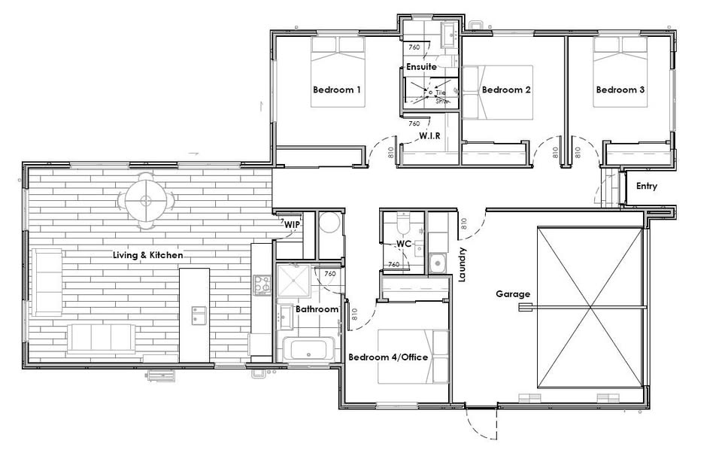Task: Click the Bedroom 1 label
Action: click(x=337, y=90)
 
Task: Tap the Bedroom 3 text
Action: click(x=620, y=90)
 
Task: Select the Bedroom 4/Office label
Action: click(x=388, y=357)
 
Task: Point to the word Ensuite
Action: click(x=421, y=68)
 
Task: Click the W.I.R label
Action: click(x=429, y=136)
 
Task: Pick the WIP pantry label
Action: click(x=292, y=225)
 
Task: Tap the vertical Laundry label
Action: click(x=463, y=265)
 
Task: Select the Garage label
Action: click(x=513, y=294)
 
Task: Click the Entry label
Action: click(x=647, y=186)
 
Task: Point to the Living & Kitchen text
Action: click(x=147, y=256)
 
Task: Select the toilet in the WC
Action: click(x=400, y=225)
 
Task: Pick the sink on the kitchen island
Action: click(x=199, y=315)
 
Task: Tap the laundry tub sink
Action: click(x=437, y=263)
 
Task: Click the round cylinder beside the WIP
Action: click(x=330, y=223)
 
